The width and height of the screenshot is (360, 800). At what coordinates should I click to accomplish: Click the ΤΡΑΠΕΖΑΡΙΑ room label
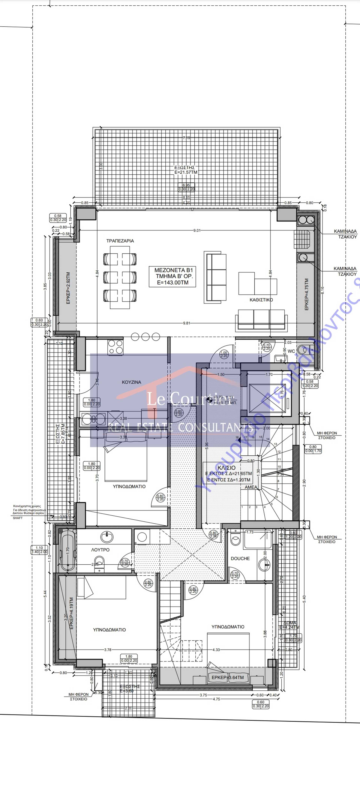pos(120,241)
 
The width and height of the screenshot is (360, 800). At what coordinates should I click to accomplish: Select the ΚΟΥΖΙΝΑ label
pos(131,382)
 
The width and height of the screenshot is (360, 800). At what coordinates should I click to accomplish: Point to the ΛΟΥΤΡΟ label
pos(100,550)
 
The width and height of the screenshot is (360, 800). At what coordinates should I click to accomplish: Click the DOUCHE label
pos(240,558)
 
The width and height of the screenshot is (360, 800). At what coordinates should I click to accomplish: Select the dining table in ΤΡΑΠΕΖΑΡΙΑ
pos(120,277)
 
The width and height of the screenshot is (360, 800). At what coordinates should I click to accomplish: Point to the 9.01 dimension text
pos(197,230)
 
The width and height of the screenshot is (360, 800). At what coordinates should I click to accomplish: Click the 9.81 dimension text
pos(186,323)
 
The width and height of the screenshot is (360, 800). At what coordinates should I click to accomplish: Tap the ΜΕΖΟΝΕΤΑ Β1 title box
pos(173,276)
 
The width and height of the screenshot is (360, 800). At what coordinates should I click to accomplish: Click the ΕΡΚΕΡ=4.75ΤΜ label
pos(307,294)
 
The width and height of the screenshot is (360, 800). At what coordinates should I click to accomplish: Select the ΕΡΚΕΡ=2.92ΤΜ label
pos(68,288)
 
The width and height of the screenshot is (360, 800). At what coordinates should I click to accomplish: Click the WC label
pos(291,351)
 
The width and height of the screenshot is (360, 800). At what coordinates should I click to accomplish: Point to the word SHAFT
pos(18,518)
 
